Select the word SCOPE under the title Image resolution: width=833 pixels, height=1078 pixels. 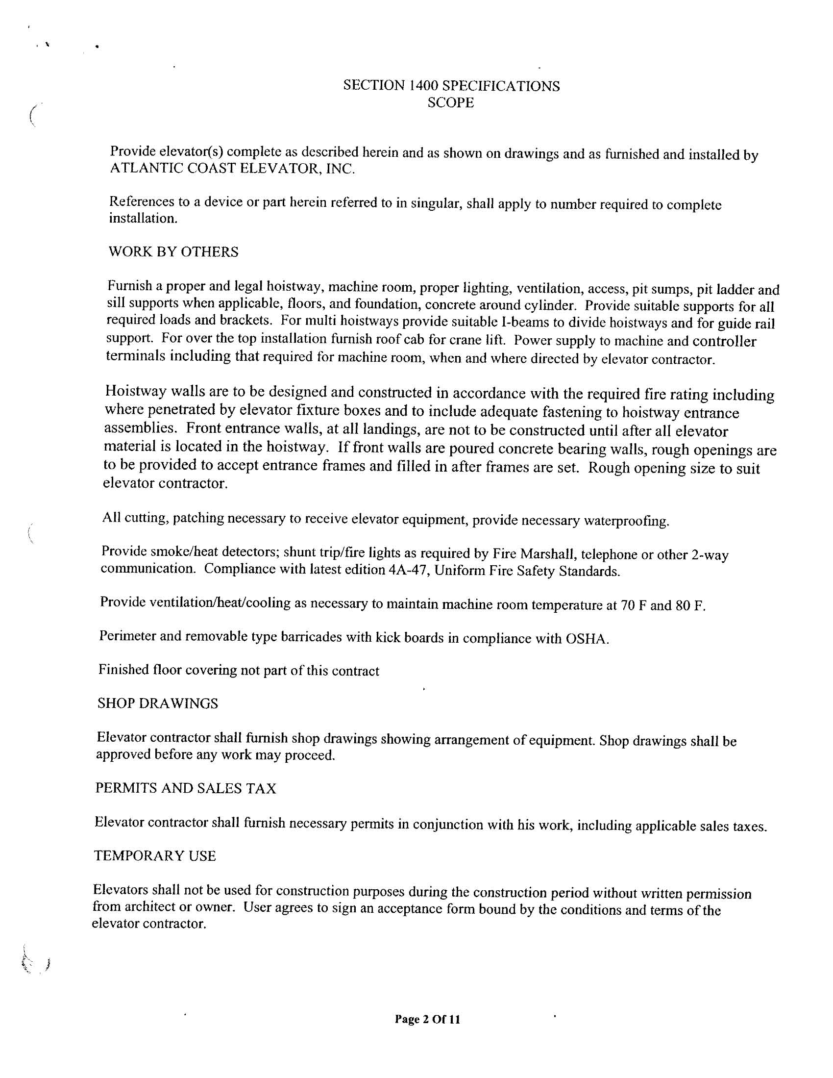click(x=450, y=103)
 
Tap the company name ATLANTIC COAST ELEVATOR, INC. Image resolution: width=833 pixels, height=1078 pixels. click(x=232, y=169)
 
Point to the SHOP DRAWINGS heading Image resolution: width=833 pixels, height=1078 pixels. click(x=158, y=703)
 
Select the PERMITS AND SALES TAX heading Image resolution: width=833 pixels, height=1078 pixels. click(x=186, y=788)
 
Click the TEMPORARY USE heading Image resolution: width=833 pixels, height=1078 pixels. click(x=155, y=855)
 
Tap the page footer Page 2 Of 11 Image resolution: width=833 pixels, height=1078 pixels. click(x=427, y=1019)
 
